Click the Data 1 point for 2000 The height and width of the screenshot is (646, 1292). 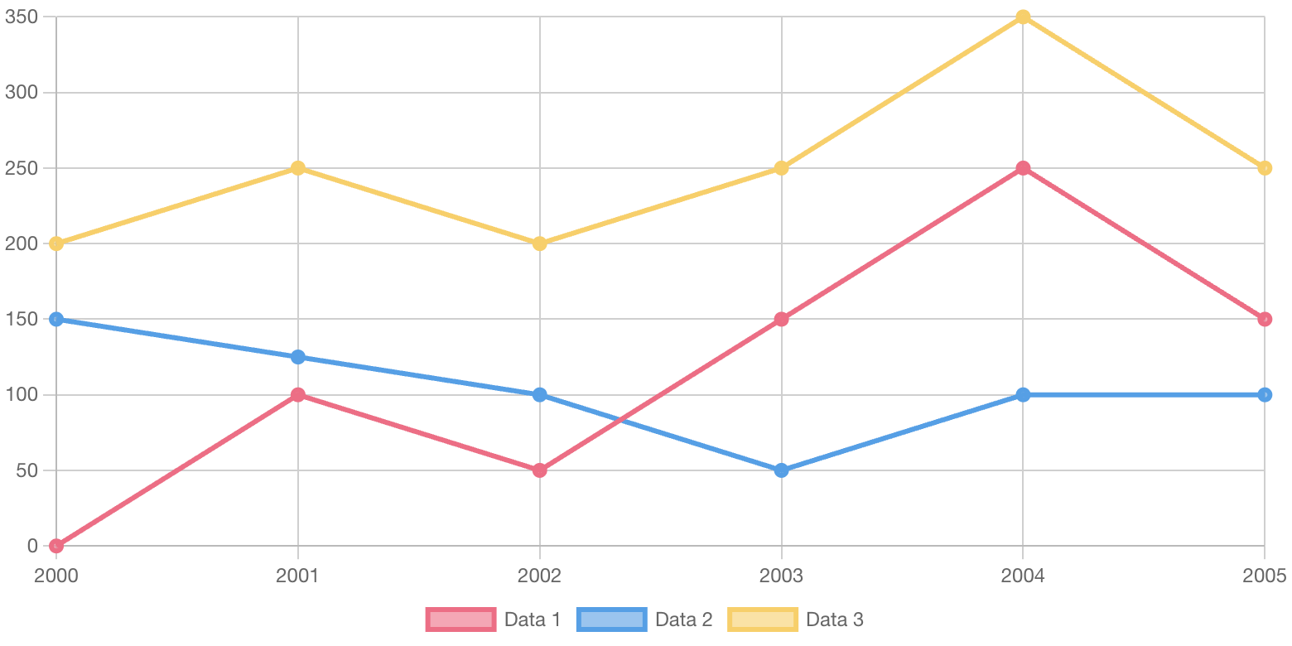tap(56, 546)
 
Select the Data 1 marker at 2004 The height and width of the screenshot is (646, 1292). tap(1023, 168)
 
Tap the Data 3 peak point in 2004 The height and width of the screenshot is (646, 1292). tap(1023, 17)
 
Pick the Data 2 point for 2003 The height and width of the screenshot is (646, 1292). tap(781, 470)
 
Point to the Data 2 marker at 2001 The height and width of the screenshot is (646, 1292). tap(298, 357)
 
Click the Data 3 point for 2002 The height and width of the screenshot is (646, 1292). tap(539, 243)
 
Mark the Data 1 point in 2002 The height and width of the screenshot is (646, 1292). tap(539, 470)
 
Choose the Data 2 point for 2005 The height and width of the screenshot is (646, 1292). tap(1265, 395)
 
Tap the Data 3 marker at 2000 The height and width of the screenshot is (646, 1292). tap(56, 243)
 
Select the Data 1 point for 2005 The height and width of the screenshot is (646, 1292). tap(1265, 319)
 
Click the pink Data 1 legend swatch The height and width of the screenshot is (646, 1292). tap(460, 619)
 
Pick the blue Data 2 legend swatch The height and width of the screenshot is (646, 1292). tap(611, 619)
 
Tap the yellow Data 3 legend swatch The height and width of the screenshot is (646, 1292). tap(763, 619)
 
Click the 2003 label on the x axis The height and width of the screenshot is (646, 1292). tap(781, 576)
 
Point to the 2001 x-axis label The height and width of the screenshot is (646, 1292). tap(298, 576)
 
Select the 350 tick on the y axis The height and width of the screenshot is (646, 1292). tap(22, 17)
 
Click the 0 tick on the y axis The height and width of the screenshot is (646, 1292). tap(32, 546)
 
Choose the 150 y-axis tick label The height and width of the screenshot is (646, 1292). tap(22, 319)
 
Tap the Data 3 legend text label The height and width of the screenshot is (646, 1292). tap(835, 619)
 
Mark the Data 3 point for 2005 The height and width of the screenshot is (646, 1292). tap(1265, 168)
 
